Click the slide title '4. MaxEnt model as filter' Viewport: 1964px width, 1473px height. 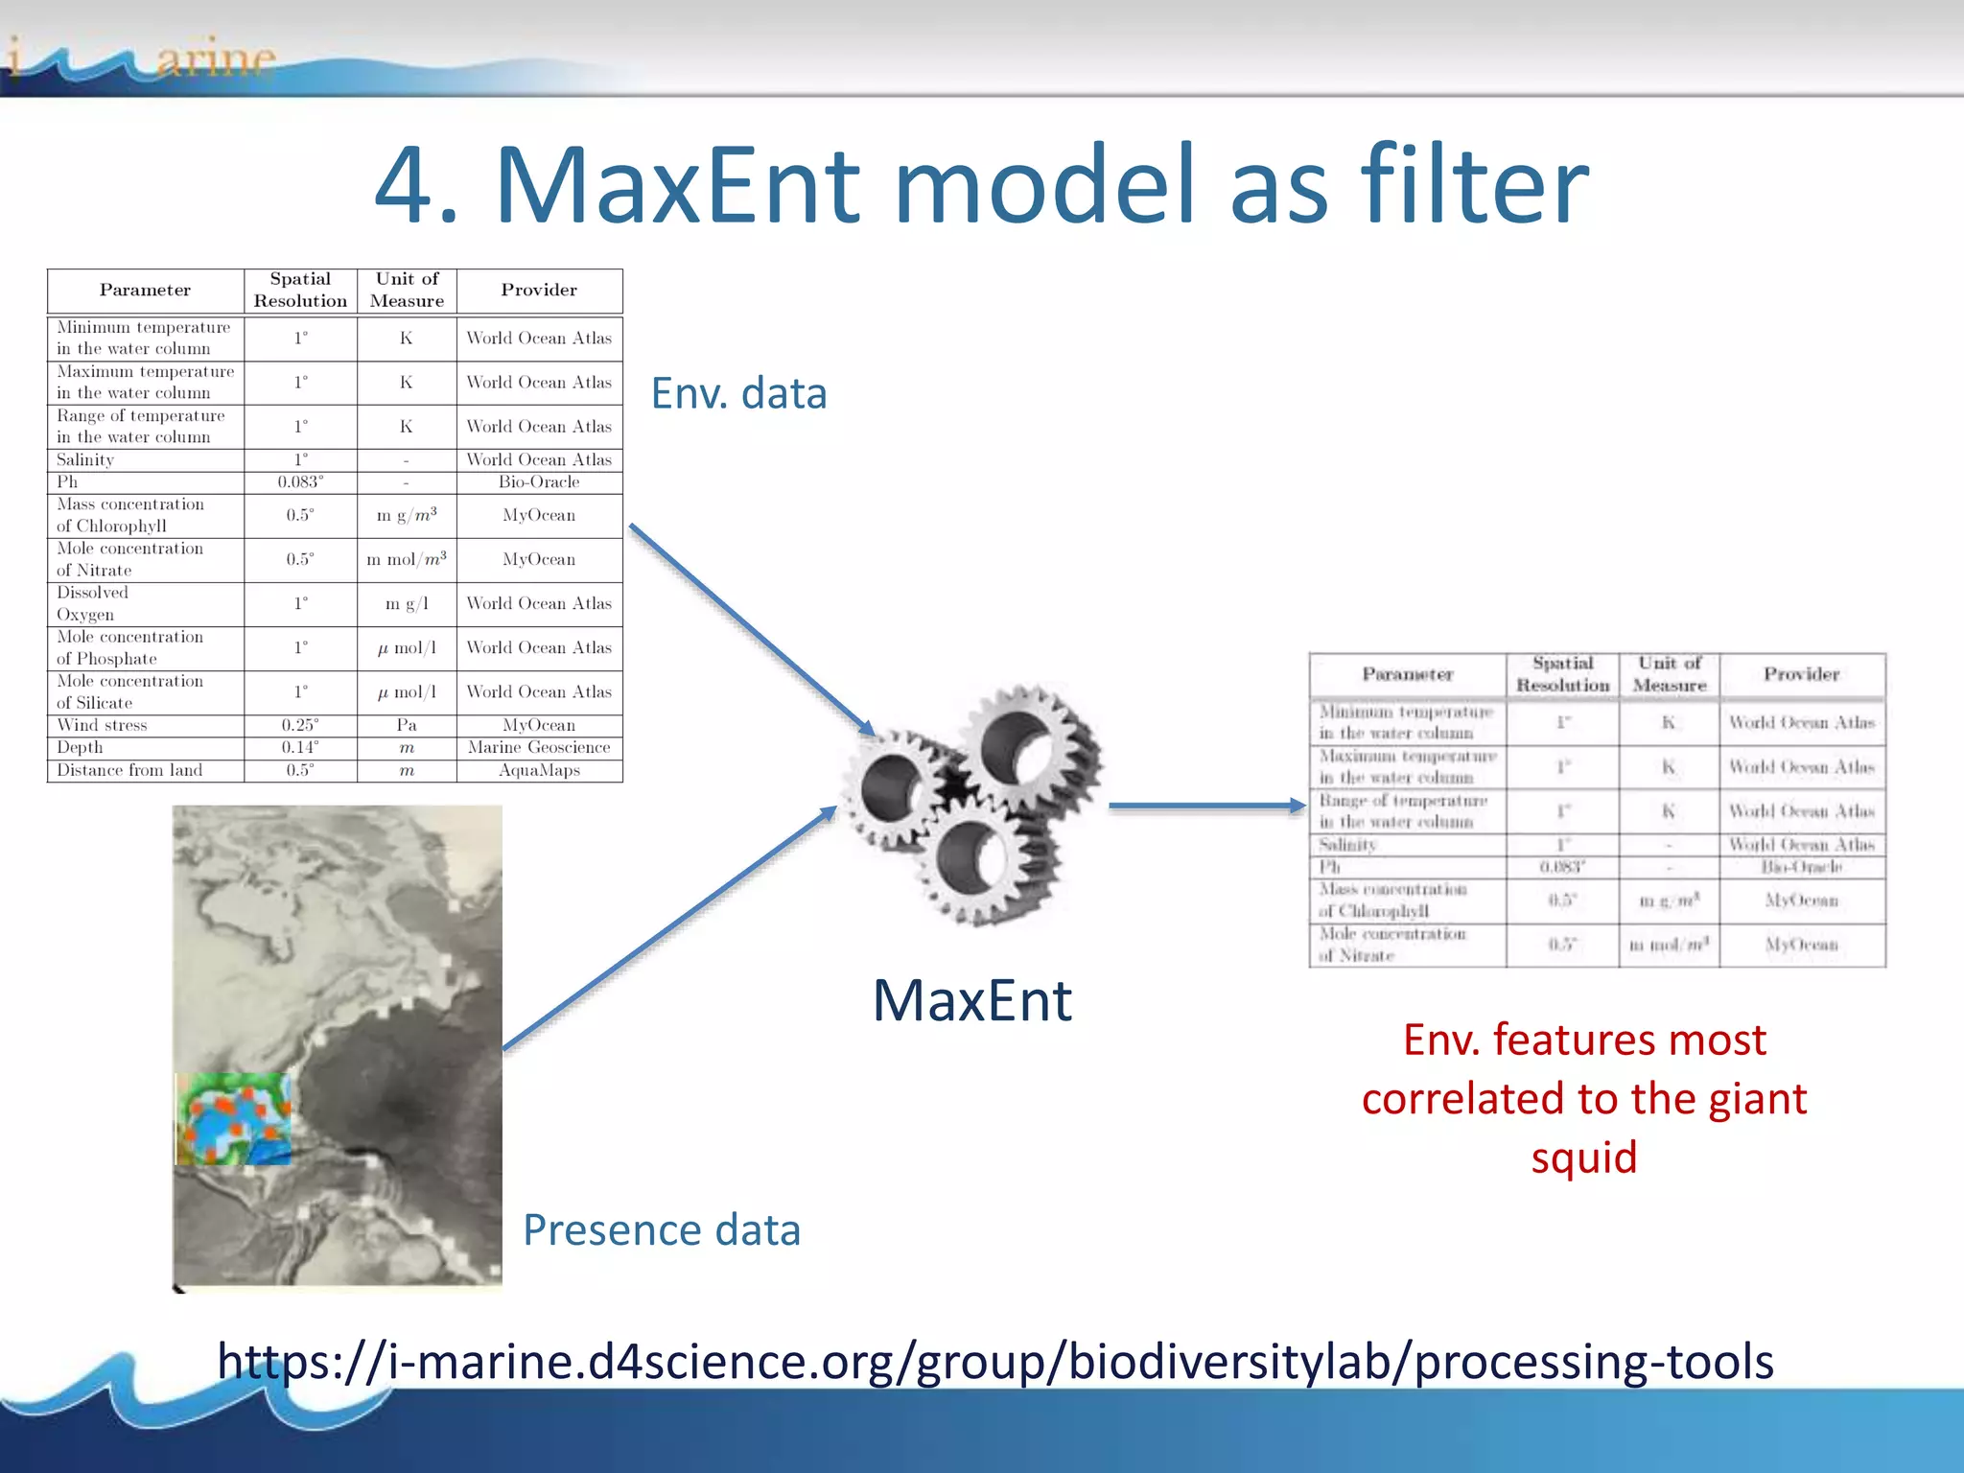(x=981, y=184)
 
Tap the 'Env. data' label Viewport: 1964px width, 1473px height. (x=738, y=393)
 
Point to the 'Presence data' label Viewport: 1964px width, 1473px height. (x=662, y=1229)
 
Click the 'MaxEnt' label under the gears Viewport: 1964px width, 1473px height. (x=971, y=1000)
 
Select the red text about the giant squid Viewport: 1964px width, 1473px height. (x=1584, y=1098)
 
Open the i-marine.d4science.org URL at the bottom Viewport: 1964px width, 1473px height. (x=995, y=1361)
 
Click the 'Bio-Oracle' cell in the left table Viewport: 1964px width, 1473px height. (x=539, y=482)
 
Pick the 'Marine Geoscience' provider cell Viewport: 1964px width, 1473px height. (x=539, y=748)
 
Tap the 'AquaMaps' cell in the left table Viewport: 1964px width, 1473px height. (x=539, y=770)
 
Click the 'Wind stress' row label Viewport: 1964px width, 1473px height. (x=103, y=726)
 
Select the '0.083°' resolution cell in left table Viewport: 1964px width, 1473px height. (x=300, y=482)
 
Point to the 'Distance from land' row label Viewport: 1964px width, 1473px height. (x=129, y=770)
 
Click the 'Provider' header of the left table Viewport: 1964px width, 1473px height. (x=539, y=290)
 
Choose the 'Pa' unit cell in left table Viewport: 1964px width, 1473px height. (x=407, y=726)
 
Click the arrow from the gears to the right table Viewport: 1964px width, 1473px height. (x=1206, y=807)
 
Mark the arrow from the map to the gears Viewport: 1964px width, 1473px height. (x=669, y=928)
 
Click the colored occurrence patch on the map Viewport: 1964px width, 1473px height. (x=233, y=1119)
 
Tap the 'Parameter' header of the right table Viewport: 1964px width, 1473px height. (x=1407, y=675)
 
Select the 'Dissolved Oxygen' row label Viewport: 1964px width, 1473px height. (x=92, y=604)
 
